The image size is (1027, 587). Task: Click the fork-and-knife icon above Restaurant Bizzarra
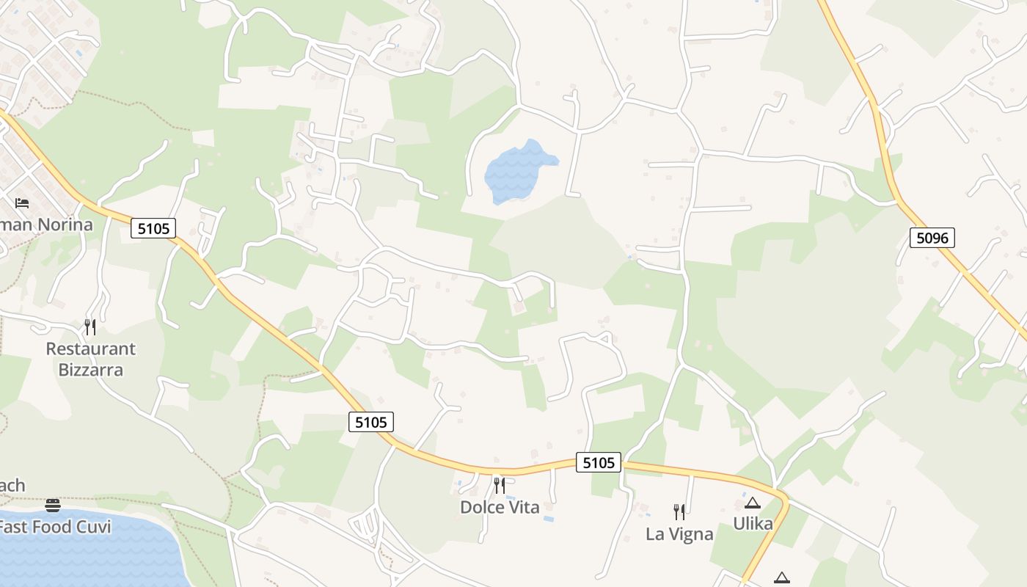pyautogui.click(x=90, y=327)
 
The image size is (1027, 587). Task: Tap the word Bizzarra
pyautogui.click(x=91, y=370)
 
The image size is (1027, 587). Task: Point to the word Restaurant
pyautogui.click(x=91, y=349)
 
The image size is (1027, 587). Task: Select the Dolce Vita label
pyautogui.click(x=500, y=507)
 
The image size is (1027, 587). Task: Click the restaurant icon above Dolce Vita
pyautogui.click(x=500, y=485)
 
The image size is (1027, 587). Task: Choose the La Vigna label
pyautogui.click(x=679, y=534)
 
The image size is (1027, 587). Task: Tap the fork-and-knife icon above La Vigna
pyautogui.click(x=679, y=511)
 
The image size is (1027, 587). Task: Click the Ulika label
pyautogui.click(x=753, y=524)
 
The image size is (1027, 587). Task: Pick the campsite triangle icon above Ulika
pyautogui.click(x=752, y=503)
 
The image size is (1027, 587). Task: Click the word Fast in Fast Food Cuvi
pyautogui.click(x=15, y=527)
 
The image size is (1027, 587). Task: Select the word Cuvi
pyautogui.click(x=94, y=527)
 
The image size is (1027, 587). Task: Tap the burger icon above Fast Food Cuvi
pyautogui.click(x=52, y=505)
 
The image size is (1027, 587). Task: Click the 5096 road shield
pyautogui.click(x=932, y=237)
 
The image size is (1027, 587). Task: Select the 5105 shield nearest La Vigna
pyautogui.click(x=599, y=462)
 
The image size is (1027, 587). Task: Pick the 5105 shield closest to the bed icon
pyautogui.click(x=153, y=228)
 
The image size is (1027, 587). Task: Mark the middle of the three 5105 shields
pyautogui.click(x=371, y=421)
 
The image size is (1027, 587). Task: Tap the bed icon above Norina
pyautogui.click(x=22, y=203)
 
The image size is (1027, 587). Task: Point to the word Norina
pyautogui.click(x=62, y=225)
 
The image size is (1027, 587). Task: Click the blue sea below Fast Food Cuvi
pyautogui.click(x=88, y=561)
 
